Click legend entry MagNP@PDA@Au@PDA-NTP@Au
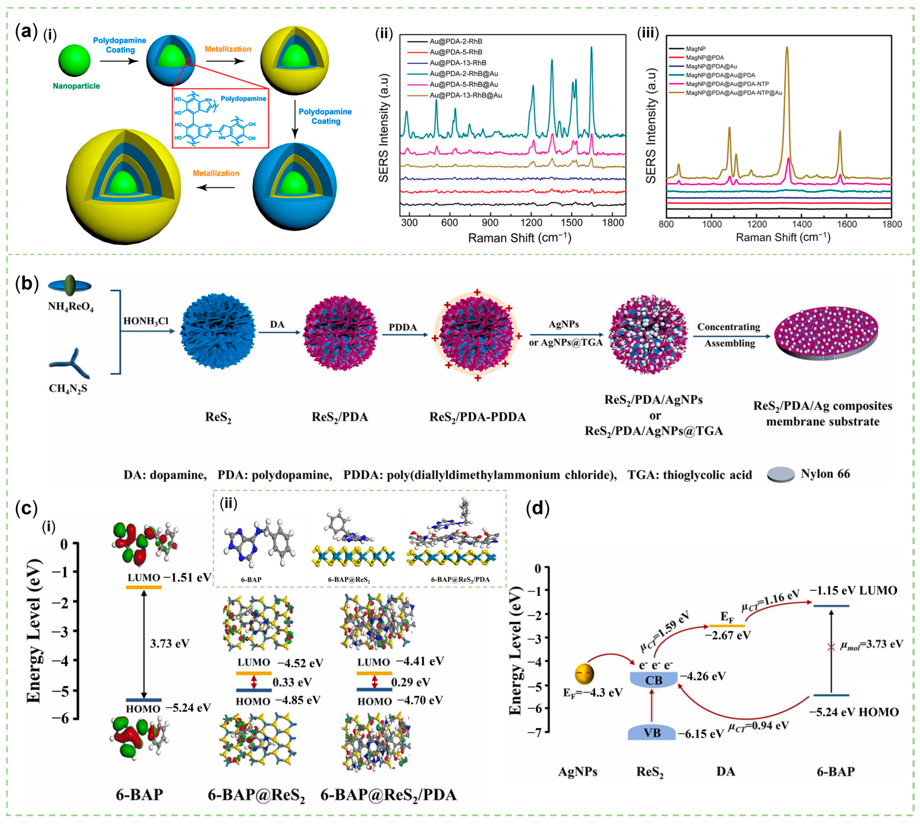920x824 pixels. tap(734, 93)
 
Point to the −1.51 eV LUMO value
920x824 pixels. tap(188, 577)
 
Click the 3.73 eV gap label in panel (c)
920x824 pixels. tap(169, 643)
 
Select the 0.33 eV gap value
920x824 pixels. tap(292, 682)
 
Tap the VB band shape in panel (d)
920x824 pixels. tap(652, 733)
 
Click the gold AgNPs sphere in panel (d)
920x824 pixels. tap(584, 674)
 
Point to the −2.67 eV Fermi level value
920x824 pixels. tap(727, 635)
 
